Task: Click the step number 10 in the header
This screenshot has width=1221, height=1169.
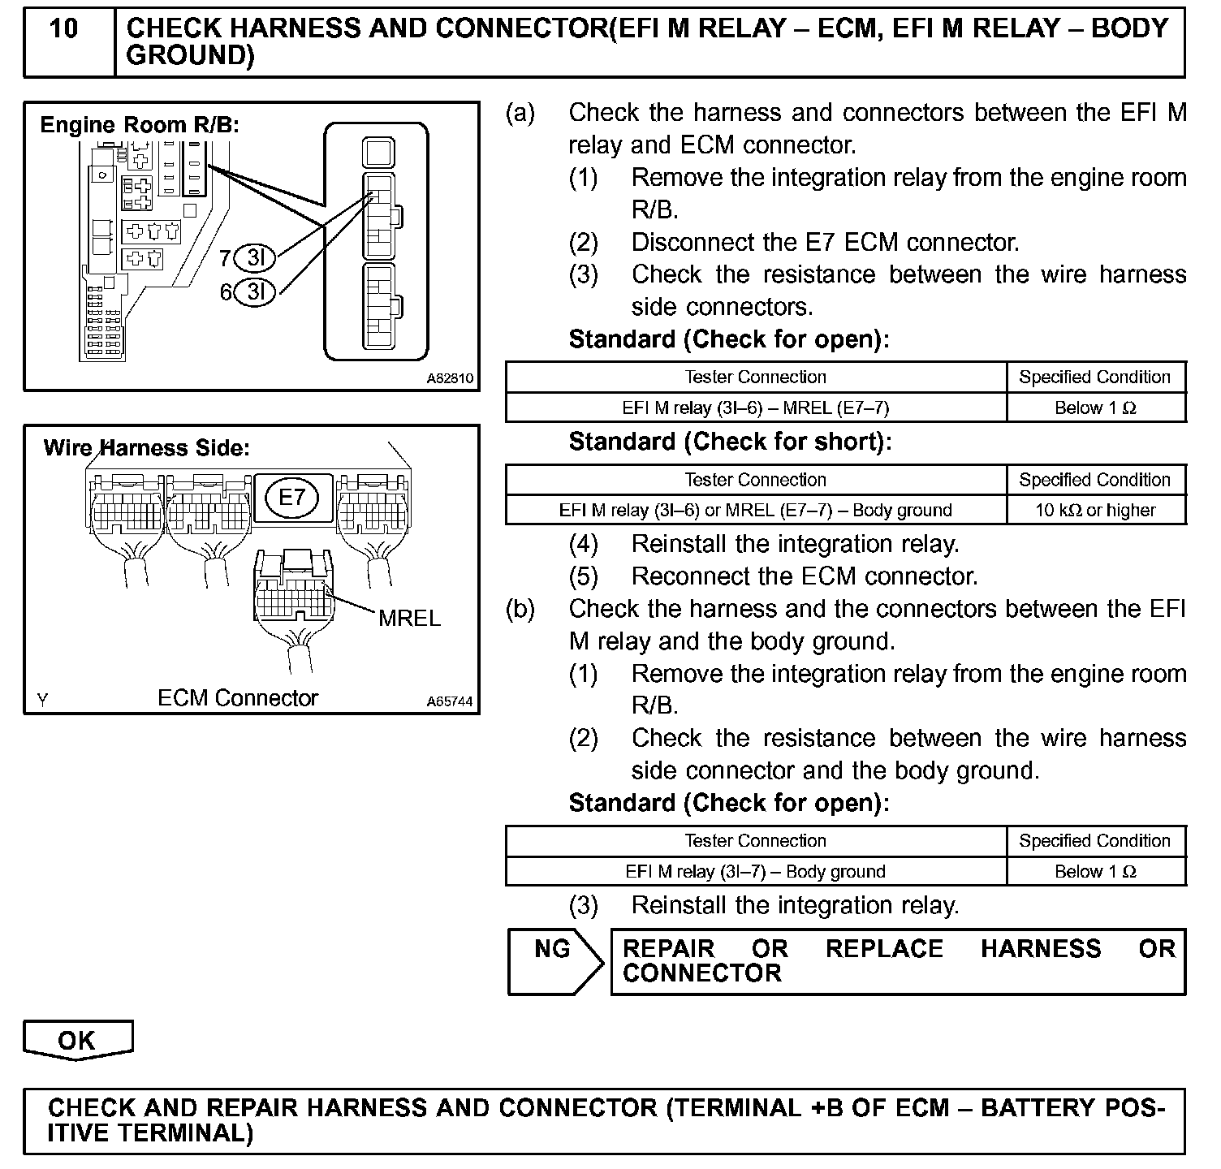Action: pyautogui.click(x=63, y=29)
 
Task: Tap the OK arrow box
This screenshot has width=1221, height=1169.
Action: pyautogui.click(x=77, y=1040)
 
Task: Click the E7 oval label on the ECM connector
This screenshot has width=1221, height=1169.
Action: pyautogui.click(x=291, y=498)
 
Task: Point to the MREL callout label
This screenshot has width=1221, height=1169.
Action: pyautogui.click(x=410, y=619)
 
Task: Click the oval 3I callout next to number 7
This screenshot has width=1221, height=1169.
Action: pyautogui.click(x=255, y=259)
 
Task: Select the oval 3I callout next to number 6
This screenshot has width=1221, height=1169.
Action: pyautogui.click(x=255, y=291)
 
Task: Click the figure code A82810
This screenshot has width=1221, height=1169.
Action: pyautogui.click(x=450, y=378)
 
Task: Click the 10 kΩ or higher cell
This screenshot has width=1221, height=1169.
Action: pyautogui.click(x=1095, y=511)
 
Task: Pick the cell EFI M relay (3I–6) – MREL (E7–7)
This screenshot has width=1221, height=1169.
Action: pyautogui.click(x=755, y=408)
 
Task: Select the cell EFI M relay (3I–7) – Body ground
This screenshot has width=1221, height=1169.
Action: pyautogui.click(x=755, y=872)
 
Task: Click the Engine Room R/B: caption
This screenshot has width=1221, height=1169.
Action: pyautogui.click(x=140, y=125)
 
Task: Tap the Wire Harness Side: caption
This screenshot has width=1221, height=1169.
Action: pyautogui.click(x=146, y=448)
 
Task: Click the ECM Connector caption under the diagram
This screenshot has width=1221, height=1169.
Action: pyautogui.click(x=238, y=698)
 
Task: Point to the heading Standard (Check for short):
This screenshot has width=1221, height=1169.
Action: pyautogui.click(x=730, y=442)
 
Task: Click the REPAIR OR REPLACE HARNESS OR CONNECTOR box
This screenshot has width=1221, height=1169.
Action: pyautogui.click(x=898, y=961)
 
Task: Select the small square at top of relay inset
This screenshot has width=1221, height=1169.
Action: pyautogui.click(x=378, y=151)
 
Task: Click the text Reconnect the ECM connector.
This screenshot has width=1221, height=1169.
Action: pyautogui.click(x=804, y=576)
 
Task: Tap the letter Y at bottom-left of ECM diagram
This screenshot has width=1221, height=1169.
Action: pyautogui.click(x=41, y=700)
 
